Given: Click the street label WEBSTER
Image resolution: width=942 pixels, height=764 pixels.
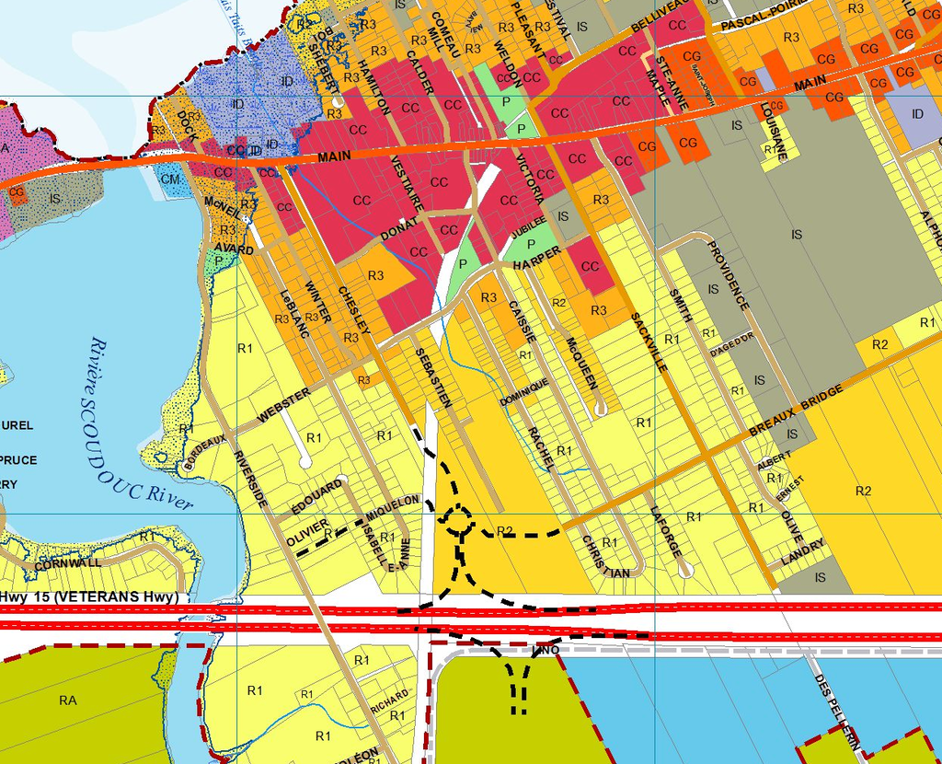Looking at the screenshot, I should (283, 405).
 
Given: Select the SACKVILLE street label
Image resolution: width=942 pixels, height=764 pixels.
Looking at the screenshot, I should (648, 341).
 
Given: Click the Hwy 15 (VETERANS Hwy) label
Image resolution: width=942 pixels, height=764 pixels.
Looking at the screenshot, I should (89, 597).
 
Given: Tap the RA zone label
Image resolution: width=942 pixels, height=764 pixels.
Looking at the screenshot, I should (68, 700).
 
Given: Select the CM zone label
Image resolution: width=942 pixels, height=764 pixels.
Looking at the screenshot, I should (170, 179).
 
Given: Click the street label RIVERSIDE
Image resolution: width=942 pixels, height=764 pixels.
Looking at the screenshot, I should (250, 480).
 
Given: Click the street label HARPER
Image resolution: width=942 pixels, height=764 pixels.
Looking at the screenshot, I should (537, 258).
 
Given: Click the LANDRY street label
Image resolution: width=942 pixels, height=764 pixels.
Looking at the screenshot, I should (801, 558).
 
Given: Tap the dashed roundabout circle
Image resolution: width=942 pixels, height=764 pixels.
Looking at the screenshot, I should (457, 522).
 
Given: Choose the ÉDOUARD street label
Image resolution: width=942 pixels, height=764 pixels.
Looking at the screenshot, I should (316, 498).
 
